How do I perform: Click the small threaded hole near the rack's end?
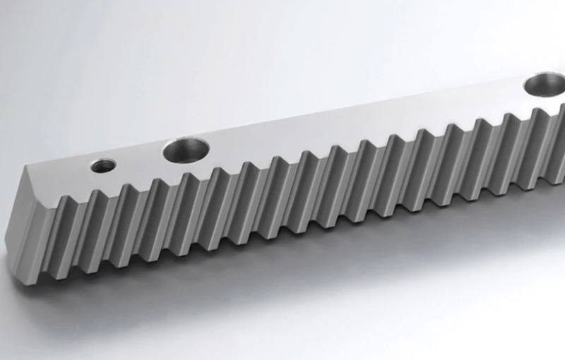click(103, 166)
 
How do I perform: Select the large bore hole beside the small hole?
click(186, 150)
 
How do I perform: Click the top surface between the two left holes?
click(141, 160)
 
